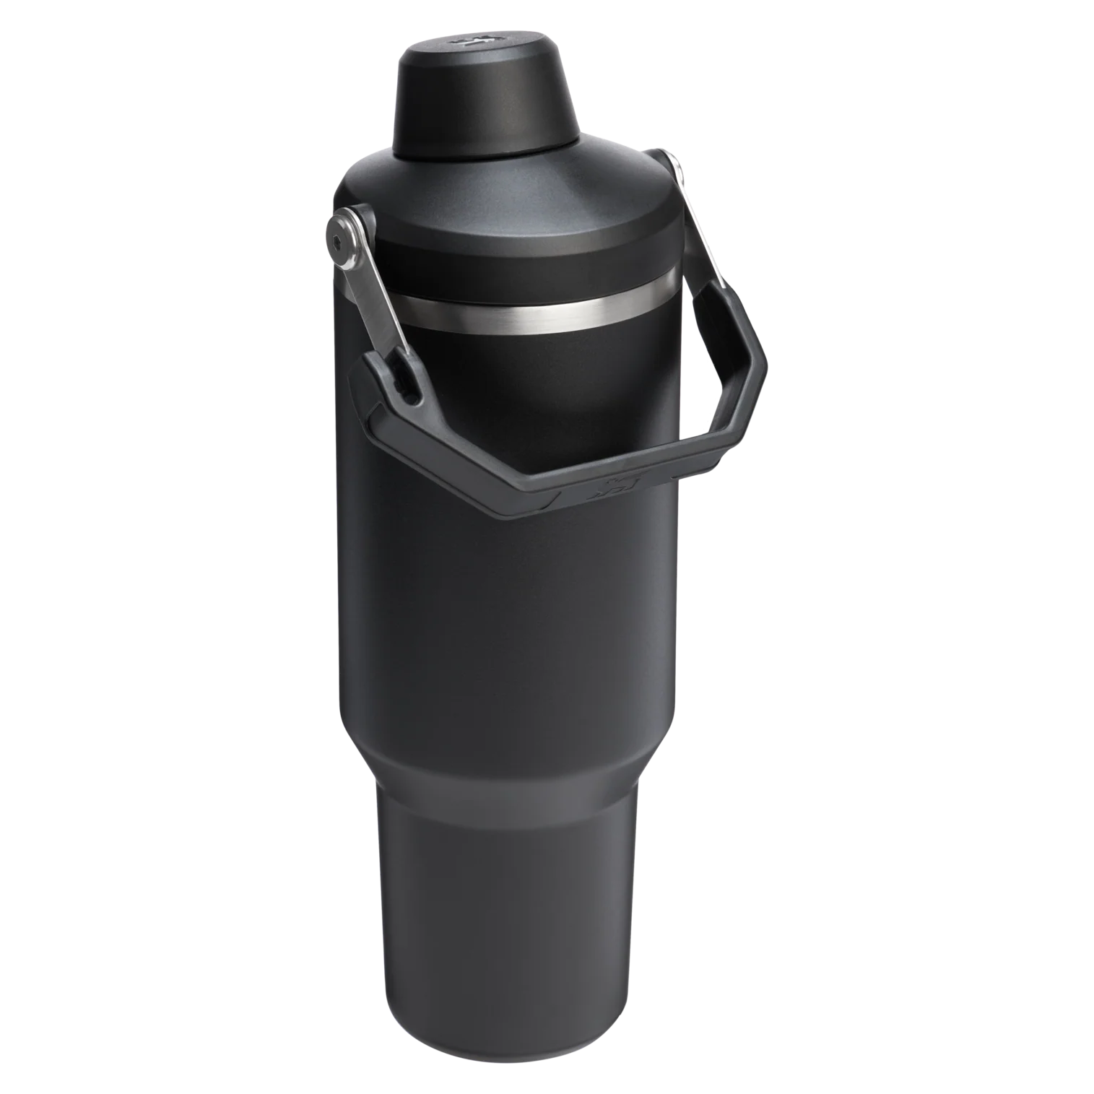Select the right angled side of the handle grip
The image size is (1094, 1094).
(x=740, y=404)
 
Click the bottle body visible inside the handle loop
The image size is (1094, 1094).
(x=549, y=404)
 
